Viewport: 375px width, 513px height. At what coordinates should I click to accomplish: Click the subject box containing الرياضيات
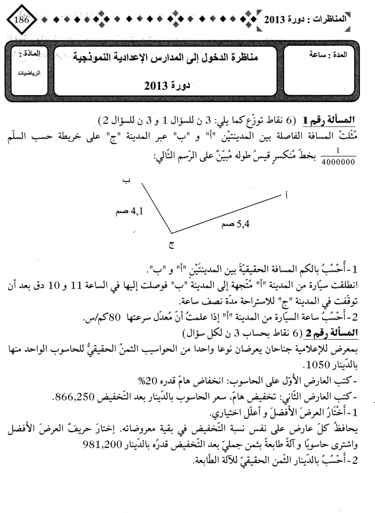click(28, 60)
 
